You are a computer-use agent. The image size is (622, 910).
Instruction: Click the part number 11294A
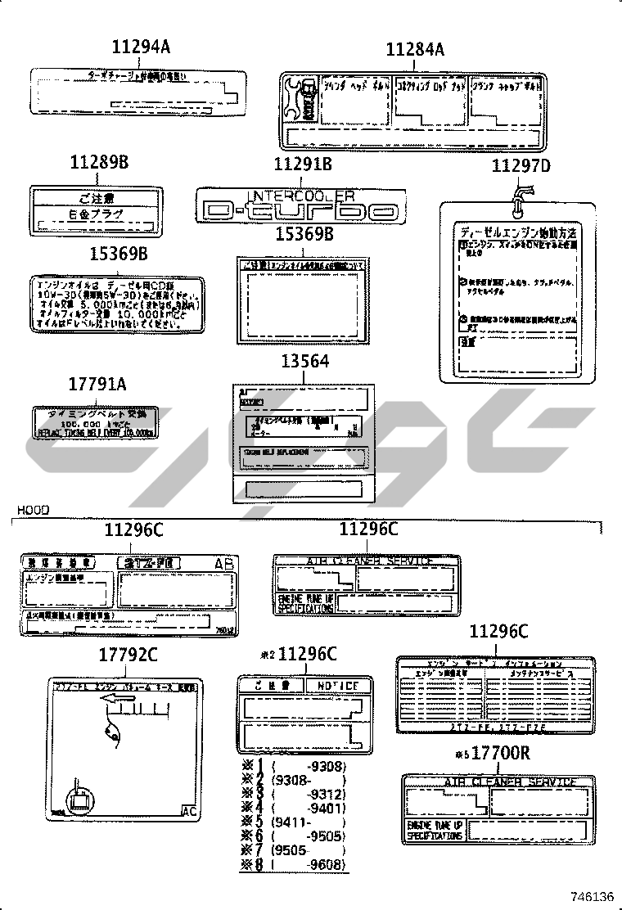click(141, 48)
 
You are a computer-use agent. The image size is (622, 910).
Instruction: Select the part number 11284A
click(415, 51)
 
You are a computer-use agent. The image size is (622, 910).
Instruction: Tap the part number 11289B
click(99, 163)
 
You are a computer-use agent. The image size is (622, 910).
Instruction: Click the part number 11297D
click(521, 166)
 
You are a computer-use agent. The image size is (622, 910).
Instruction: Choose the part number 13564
click(304, 361)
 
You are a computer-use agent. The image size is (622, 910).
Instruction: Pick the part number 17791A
click(98, 384)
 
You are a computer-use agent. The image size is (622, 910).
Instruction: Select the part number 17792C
click(128, 655)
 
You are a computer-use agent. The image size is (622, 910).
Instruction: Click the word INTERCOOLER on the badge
click(301, 196)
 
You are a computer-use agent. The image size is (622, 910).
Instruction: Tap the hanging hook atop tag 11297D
click(521, 193)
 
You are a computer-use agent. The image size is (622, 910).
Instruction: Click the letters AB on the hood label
click(223, 564)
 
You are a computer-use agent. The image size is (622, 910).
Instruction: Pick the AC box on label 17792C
click(189, 812)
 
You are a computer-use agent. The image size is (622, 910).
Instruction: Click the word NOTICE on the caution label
click(336, 685)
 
